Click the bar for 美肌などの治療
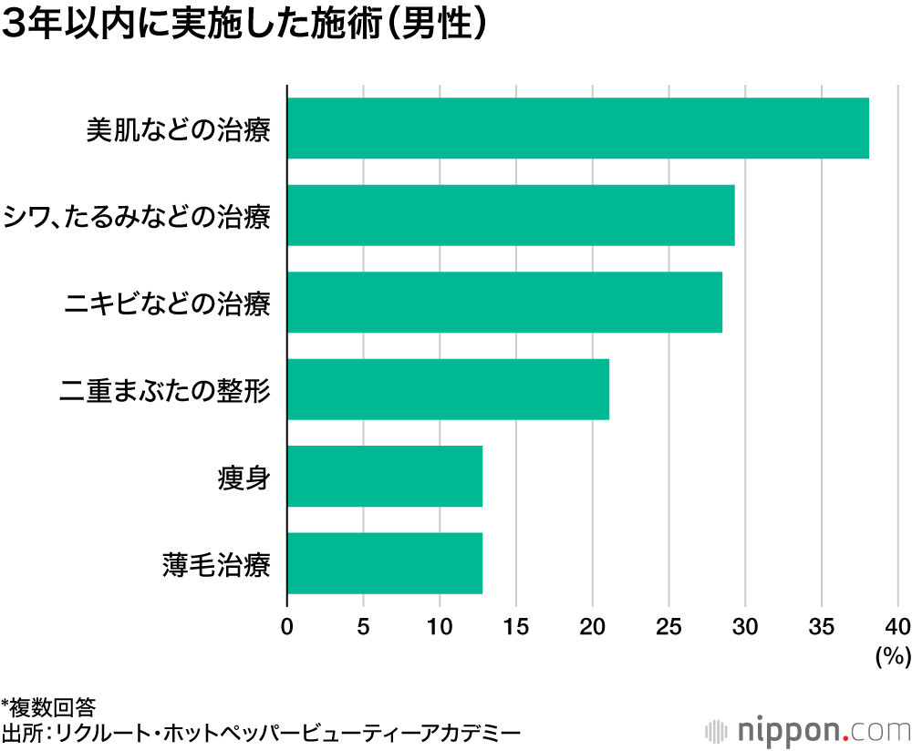coord(577,129)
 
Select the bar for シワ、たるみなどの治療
coord(511,215)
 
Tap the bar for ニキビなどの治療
coord(504,302)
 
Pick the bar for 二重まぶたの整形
coord(448,389)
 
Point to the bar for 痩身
coord(384,477)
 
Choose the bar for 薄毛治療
coord(384,563)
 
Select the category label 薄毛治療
coord(214,564)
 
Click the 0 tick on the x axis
coord(287,626)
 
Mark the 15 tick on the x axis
coord(516,626)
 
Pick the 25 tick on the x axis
coord(668,626)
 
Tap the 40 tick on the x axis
coord(897,626)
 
